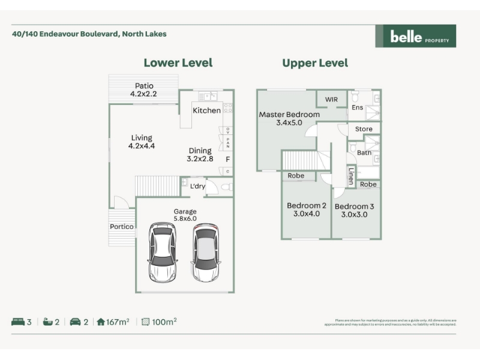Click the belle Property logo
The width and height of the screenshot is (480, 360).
(415, 36)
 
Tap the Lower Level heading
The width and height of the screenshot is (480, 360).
(178, 63)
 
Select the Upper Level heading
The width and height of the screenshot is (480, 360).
(315, 63)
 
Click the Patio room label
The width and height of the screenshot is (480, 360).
(144, 86)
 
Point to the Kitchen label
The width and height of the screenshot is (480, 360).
(206, 110)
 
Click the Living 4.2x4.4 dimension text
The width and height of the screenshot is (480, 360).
(142, 146)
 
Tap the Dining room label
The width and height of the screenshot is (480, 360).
(200, 151)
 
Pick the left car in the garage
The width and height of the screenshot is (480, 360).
(163, 252)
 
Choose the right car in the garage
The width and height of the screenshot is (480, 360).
(205, 252)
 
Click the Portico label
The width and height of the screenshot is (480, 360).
(122, 227)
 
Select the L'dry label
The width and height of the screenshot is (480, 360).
(197, 187)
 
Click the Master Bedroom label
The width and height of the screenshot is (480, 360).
(289, 115)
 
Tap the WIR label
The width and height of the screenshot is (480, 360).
(332, 99)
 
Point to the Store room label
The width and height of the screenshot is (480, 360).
(364, 129)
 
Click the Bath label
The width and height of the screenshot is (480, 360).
(364, 153)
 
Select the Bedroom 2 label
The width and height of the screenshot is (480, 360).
(307, 206)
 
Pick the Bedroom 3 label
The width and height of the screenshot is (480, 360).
(355, 206)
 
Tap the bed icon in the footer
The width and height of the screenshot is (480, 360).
(17, 322)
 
